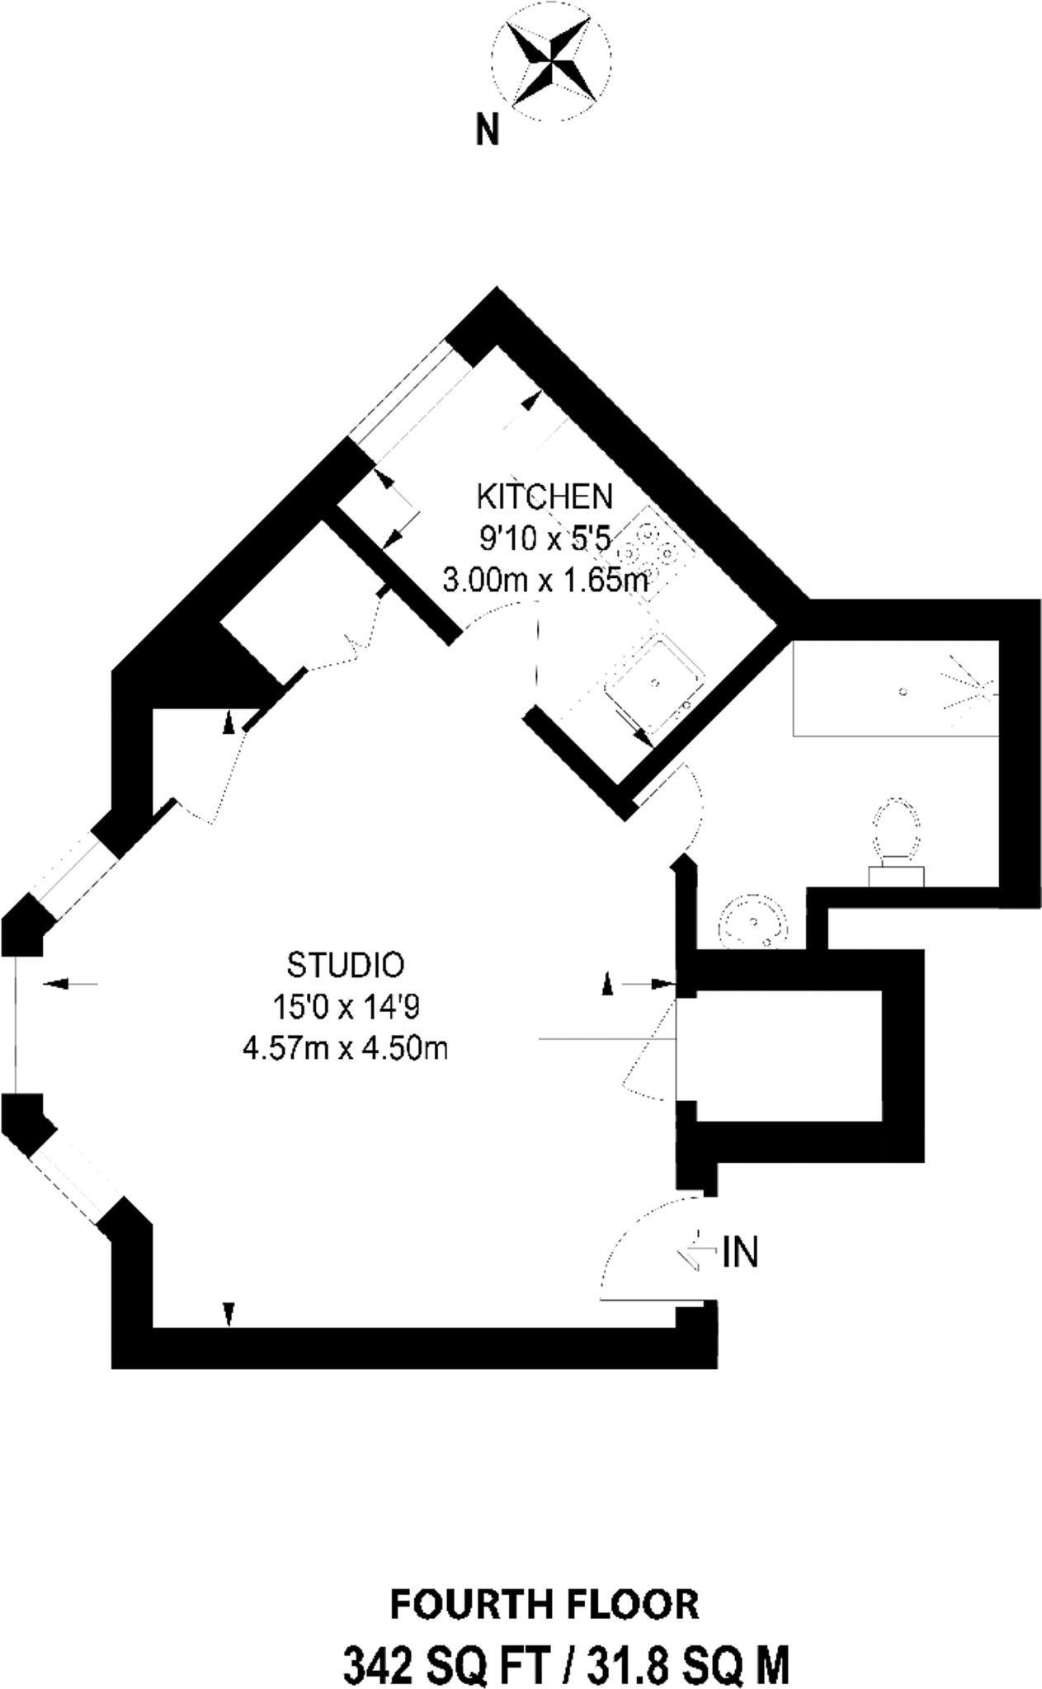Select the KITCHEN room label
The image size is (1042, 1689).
click(545, 496)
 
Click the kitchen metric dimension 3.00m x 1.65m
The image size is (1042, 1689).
click(545, 581)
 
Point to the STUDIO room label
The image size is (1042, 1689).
click(345, 963)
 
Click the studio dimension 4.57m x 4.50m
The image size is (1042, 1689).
click(345, 1048)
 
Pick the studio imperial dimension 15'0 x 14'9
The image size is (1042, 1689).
click(345, 1006)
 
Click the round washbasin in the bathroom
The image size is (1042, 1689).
click(752, 922)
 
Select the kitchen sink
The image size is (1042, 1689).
click(653, 682)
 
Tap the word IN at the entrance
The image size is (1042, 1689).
click(740, 1253)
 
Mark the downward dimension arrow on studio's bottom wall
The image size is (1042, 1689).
click(229, 1313)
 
